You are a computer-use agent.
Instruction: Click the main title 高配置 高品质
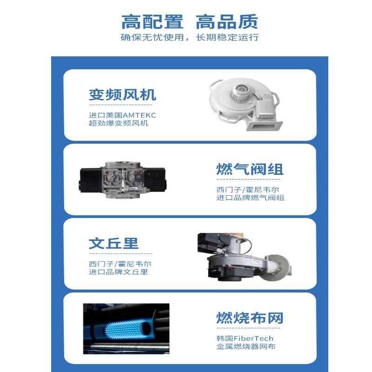[190, 21]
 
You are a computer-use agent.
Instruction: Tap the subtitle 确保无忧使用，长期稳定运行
[190, 37]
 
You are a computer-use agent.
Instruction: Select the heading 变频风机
[122, 95]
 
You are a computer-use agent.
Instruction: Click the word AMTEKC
[139, 115]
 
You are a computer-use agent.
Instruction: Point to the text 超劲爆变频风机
[119, 123]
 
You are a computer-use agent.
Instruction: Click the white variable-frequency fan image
[246, 104]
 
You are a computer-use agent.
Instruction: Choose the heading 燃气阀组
[250, 169]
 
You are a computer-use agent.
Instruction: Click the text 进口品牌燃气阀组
[250, 198]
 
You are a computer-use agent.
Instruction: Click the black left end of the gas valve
[90, 180]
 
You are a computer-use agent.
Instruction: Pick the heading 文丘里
[113, 243]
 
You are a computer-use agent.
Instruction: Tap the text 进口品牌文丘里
[119, 272]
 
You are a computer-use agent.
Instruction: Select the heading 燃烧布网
[250, 318]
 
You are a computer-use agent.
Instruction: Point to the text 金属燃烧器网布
[246, 346]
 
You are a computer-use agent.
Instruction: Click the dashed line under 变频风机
[121, 105]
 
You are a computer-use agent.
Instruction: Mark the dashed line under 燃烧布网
[248, 328]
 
